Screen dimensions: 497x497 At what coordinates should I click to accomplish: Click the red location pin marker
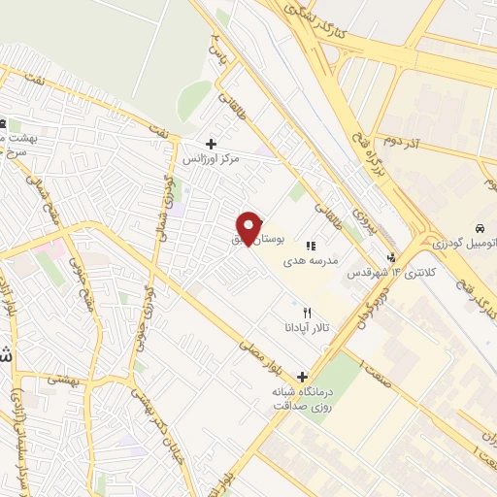coord(250,228)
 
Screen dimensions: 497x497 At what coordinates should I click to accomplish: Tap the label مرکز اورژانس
coord(212,157)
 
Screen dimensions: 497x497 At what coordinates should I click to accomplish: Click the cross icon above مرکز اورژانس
coord(211,144)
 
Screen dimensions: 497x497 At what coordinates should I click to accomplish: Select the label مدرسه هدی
coord(312,261)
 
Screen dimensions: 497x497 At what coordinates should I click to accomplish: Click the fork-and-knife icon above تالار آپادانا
coord(308,313)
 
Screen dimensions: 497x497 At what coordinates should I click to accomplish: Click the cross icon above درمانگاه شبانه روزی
coord(303,377)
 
